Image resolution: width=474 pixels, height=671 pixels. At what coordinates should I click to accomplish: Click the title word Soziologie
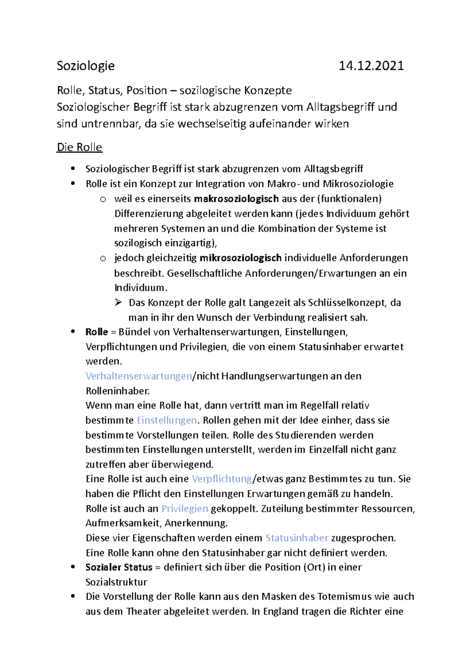(x=86, y=66)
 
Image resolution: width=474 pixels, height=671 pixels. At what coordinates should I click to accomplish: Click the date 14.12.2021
(x=371, y=66)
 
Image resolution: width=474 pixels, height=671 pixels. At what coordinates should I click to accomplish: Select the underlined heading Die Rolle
(x=79, y=147)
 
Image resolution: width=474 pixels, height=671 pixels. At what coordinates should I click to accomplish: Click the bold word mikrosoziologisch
(x=240, y=258)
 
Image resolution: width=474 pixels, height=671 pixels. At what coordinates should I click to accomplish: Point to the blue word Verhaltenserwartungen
(x=139, y=376)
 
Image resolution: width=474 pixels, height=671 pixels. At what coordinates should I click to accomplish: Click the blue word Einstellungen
(x=167, y=420)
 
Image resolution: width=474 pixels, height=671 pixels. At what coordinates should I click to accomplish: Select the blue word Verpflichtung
(x=222, y=479)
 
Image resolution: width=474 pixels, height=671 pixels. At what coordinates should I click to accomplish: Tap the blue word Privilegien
(x=184, y=509)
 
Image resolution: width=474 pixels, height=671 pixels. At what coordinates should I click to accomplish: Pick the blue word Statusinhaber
(x=297, y=538)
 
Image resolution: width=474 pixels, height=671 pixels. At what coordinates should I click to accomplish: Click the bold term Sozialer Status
(x=119, y=567)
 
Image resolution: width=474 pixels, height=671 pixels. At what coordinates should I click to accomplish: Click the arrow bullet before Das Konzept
(x=118, y=303)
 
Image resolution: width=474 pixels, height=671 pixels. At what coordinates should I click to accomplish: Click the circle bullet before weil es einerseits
(x=103, y=200)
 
